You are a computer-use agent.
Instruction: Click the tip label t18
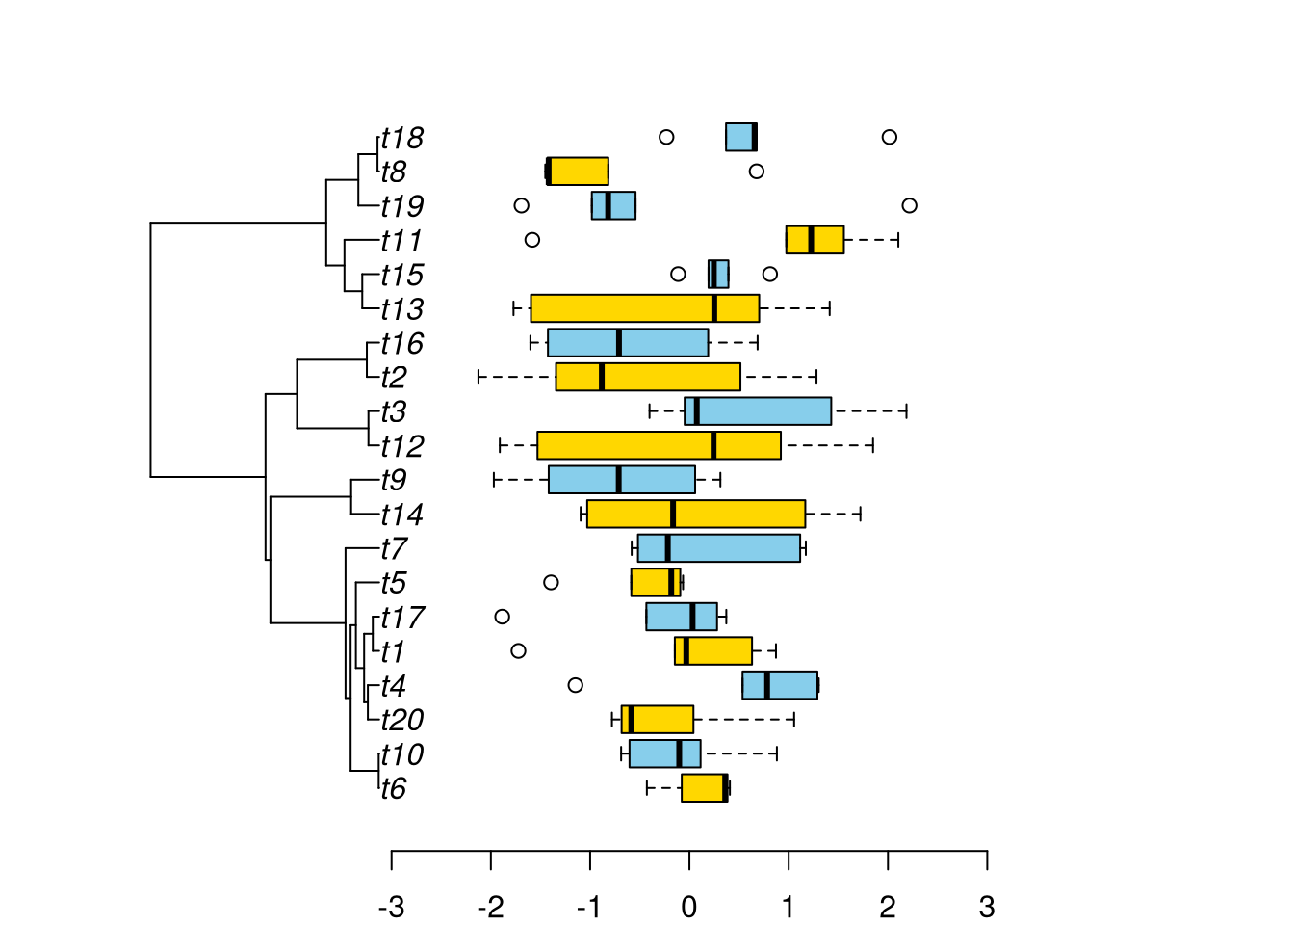401,138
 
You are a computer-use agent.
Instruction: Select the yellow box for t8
579,172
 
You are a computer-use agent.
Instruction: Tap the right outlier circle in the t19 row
909,205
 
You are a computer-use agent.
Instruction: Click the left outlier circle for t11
532,240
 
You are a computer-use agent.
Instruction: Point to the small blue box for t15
719,274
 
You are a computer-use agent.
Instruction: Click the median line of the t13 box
713,308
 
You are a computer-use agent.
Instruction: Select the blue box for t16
628,343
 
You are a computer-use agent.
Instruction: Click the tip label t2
393,378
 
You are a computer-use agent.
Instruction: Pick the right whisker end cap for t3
906,411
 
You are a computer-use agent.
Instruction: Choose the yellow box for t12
659,445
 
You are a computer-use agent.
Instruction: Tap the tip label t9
393,480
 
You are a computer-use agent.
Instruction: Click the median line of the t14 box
673,514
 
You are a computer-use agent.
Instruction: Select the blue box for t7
718,548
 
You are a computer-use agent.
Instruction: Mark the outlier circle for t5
551,582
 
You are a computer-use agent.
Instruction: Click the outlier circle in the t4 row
576,685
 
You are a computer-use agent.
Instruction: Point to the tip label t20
401,720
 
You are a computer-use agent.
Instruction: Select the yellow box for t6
704,788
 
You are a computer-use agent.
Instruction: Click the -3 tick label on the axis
391,907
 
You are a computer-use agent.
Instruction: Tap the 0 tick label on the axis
689,907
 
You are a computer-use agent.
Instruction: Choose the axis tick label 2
888,907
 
